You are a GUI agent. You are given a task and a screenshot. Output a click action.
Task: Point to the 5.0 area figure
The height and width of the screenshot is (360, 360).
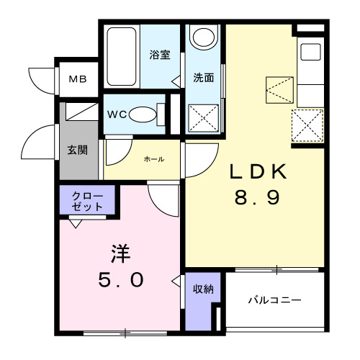coord(120,279)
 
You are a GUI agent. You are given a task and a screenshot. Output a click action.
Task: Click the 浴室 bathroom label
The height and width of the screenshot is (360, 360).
coord(159,54)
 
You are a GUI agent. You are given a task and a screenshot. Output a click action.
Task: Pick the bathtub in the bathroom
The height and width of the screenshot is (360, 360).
coord(124,56)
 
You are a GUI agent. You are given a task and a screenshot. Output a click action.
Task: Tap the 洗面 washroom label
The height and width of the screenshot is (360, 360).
coord(203,78)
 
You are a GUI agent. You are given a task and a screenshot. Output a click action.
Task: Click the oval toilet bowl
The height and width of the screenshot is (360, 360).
coord(145,114)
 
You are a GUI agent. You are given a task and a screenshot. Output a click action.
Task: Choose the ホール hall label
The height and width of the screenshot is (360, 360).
coord(153,159)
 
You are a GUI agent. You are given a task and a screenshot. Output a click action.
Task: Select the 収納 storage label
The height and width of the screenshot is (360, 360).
coord(202,289)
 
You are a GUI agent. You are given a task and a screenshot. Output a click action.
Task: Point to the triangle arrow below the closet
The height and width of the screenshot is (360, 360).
coord(75,223)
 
